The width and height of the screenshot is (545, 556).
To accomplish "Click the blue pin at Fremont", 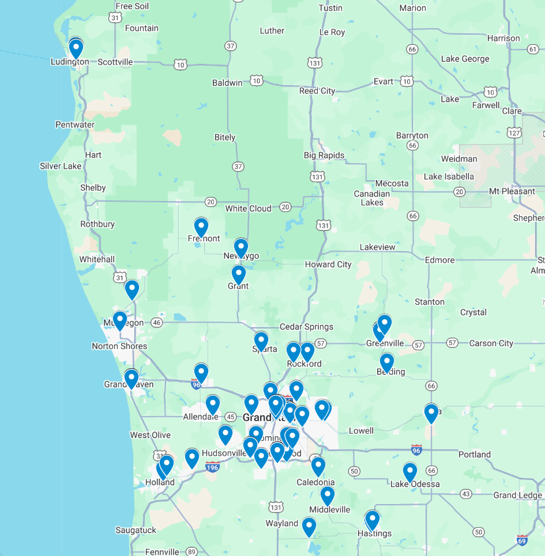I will click(201, 228).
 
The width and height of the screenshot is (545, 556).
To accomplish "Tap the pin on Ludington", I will click(76, 48).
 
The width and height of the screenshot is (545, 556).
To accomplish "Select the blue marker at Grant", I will click(239, 274).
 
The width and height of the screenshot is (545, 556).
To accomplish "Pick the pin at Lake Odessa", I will click(410, 472).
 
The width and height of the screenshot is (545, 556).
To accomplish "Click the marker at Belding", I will click(387, 362).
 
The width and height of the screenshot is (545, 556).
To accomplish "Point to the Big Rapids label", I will click(324, 155).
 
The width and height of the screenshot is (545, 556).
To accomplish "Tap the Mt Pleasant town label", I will click(512, 191).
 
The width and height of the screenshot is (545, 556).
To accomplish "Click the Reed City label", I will click(317, 91).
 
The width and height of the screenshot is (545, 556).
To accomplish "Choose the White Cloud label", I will click(248, 209).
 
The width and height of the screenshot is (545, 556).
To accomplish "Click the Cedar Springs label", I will click(306, 327).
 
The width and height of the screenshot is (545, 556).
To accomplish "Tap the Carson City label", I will click(491, 343).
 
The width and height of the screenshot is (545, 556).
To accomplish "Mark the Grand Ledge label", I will click(517, 495).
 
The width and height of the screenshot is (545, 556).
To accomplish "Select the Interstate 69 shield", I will click(522, 540).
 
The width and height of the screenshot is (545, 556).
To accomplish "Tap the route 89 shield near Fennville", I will click(191, 552).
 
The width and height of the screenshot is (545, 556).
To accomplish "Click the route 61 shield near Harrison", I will click(533, 50).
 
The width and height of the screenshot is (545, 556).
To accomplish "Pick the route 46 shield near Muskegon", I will click(156, 323).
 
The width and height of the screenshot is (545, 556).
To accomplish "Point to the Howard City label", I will click(328, 264).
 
